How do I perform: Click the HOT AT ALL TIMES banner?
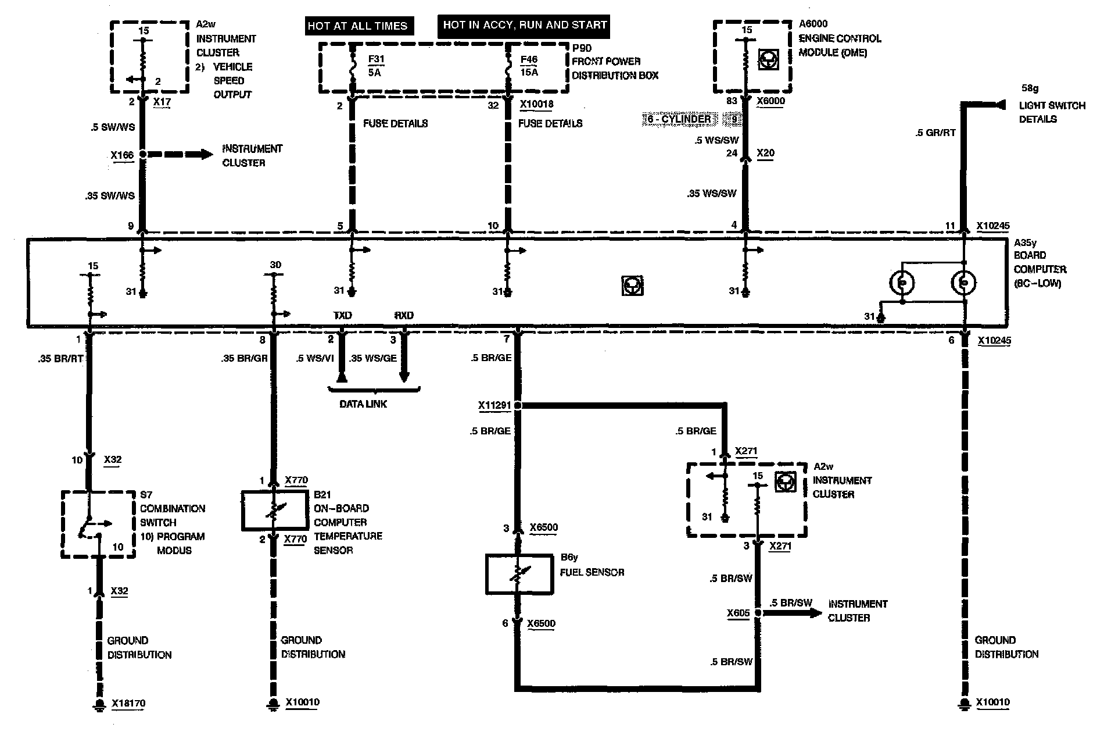pyautogui.click(x=358, y=26)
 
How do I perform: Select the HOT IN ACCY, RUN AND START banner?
pyautogui.click(x=525, y=25)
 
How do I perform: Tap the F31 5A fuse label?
pyautogui.click(x=376, y=66)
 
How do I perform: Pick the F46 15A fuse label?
pyautogui.click(x=529, y=66)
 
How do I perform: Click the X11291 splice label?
pyautogui.click(x=494, y=405)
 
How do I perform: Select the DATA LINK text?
pyautogui.click(x=363, y=404)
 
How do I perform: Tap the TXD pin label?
pyautogui.click(x=342, y=315)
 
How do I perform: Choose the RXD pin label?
pyautogui.click(x=404, y=315)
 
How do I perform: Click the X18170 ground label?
pyautogui.click(x=128, y=704)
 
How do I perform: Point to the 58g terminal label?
pyautogui.click(x=1030, y=88)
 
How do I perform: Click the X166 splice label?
pyautogui.click(x=122, y=155)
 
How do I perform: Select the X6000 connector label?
pyautogui.click(x=770, y=101)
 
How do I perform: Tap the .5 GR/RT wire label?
pyautogui.click(x=935, y=133)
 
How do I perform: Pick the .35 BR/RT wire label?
pyautogui.click(x=60, y=359)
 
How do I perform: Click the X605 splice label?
pyautogui.click(x=738, y=613)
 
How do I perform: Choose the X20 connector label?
pyautogui.click(x=765, y=153)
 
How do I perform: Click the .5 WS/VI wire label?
pyautogui.click(x=314, y=358)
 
